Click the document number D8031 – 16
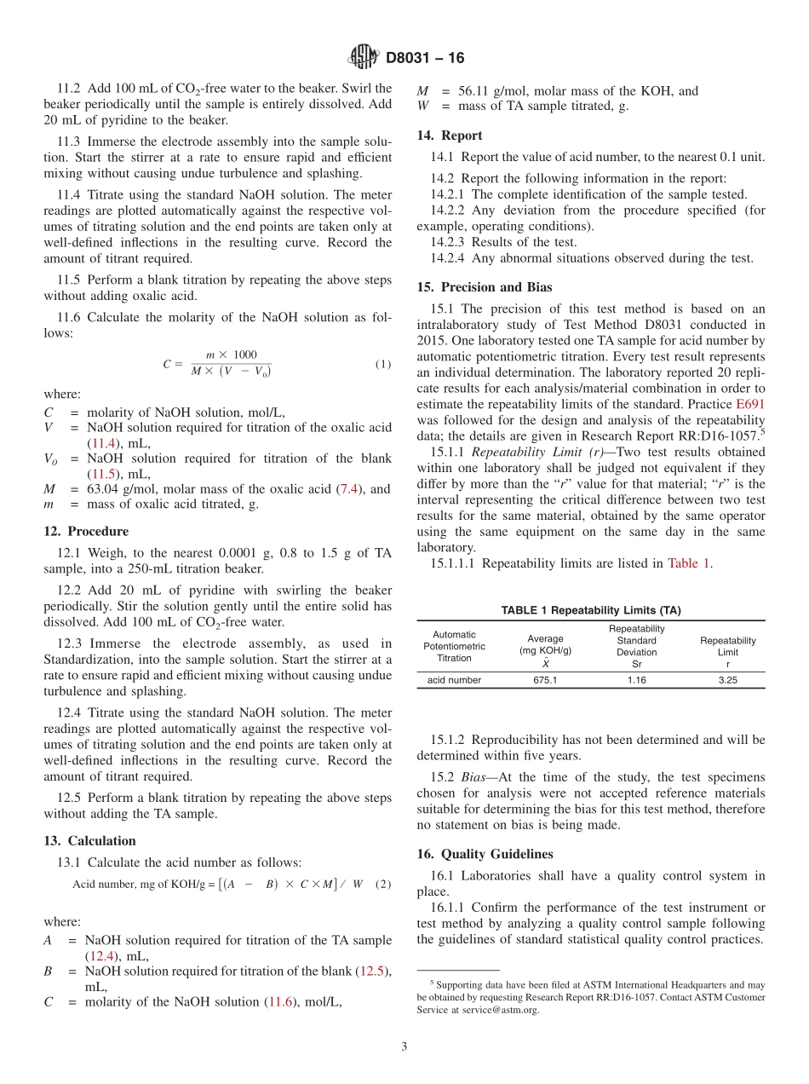425,59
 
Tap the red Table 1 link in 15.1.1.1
690,562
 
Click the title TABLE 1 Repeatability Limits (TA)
591,610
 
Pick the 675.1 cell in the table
545,680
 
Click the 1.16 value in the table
636,680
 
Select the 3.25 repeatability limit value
727,680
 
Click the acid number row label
454,680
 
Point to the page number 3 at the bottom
404,1047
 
